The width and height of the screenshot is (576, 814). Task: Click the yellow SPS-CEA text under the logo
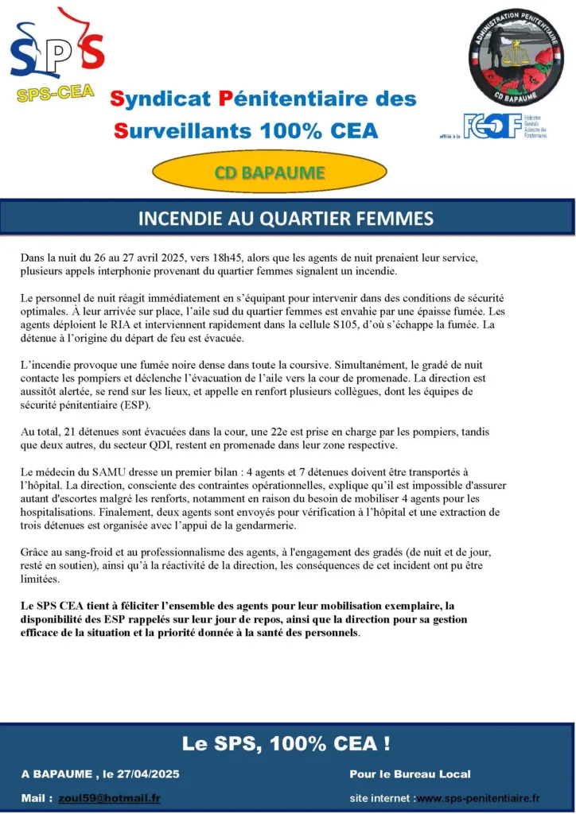(x=55, y=93)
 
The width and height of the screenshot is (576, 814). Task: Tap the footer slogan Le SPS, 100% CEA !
(x=286, y=744)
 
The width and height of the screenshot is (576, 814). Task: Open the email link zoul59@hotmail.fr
(x=109, y=797)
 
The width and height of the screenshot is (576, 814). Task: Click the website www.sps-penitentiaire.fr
(x=479, y=797)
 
